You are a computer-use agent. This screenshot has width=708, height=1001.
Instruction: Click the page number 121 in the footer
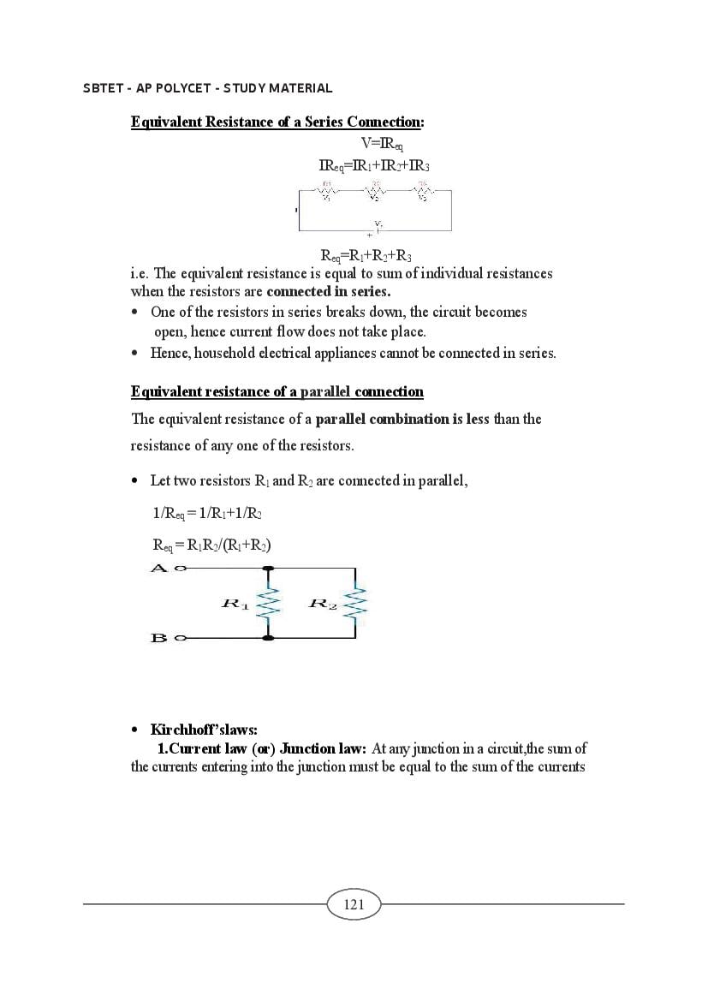click(x=354, y=904)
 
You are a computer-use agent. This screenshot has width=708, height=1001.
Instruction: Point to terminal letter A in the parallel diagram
click(x=158, y=568)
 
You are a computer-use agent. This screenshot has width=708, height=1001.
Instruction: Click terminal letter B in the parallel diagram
click(x=158, y=638)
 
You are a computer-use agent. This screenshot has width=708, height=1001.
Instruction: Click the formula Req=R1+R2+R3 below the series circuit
click(x=366, y=256)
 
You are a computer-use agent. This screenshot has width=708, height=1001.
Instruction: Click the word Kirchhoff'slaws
click(x=204, y=730)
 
